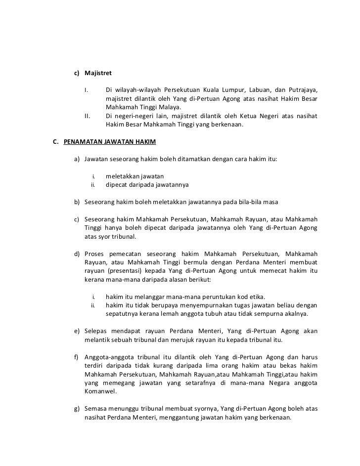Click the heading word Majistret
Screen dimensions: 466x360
(98, 73)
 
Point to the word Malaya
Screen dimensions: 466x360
(168, 107)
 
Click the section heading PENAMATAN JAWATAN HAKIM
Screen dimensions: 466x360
(110, 142)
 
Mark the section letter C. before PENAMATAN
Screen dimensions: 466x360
(57, 142)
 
